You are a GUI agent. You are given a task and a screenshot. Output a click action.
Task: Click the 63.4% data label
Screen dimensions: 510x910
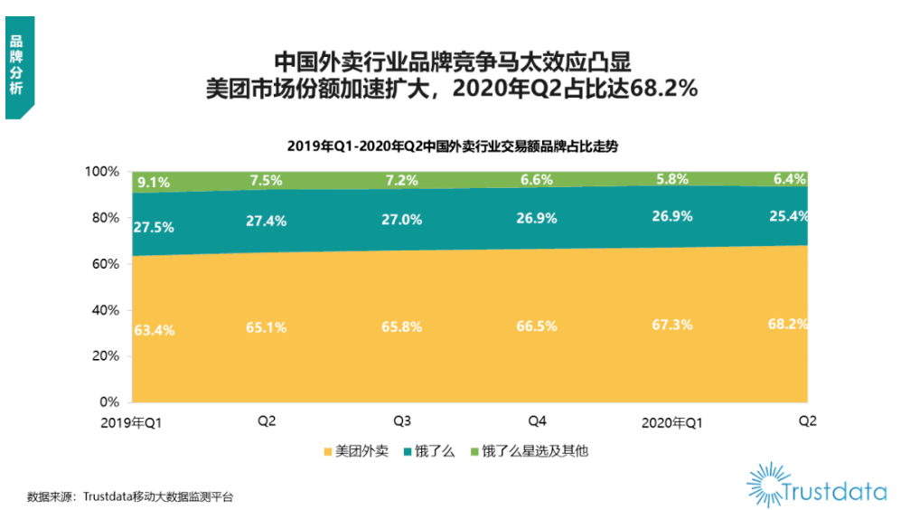154,330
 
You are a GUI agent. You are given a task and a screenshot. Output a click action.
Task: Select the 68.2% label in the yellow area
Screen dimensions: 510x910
788,324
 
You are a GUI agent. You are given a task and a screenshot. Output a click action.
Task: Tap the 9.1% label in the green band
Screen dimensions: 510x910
154,183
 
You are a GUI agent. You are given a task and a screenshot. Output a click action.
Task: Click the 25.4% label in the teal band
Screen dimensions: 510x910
788,217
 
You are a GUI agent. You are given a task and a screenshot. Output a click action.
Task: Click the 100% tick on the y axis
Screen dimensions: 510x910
102,172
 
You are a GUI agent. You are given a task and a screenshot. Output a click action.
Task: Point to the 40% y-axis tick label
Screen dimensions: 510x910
106,310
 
